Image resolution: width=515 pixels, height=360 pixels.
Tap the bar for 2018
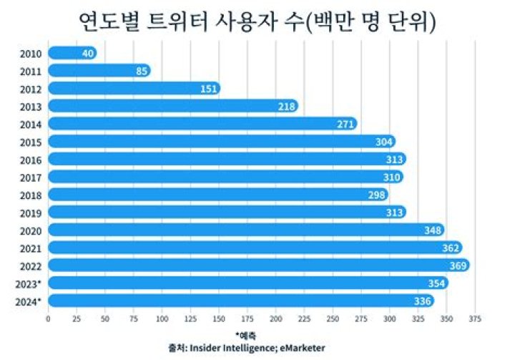coord(215,195)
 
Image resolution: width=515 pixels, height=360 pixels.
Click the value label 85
coord(140,71)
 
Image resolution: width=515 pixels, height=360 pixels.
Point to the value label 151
coord(209,89)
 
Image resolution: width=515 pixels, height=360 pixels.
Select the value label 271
coord(346,124)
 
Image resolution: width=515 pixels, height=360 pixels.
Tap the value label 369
coord(458,266)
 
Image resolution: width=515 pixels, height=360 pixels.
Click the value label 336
coord(423,301)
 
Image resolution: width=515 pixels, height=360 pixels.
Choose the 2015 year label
coord(31,142)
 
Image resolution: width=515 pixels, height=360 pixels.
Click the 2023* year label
coord(29,283)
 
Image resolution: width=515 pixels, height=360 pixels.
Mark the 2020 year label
coord(31,230)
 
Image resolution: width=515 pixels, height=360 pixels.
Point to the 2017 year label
coord(31,177)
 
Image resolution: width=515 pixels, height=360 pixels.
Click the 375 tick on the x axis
coord(474,318)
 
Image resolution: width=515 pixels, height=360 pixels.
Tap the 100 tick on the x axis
coord(162,318)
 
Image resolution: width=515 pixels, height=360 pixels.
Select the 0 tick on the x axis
coord(48,318)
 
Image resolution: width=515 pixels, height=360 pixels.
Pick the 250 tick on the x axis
coord(332,318)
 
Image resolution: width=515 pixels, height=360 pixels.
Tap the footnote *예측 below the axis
coord(245,335)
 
